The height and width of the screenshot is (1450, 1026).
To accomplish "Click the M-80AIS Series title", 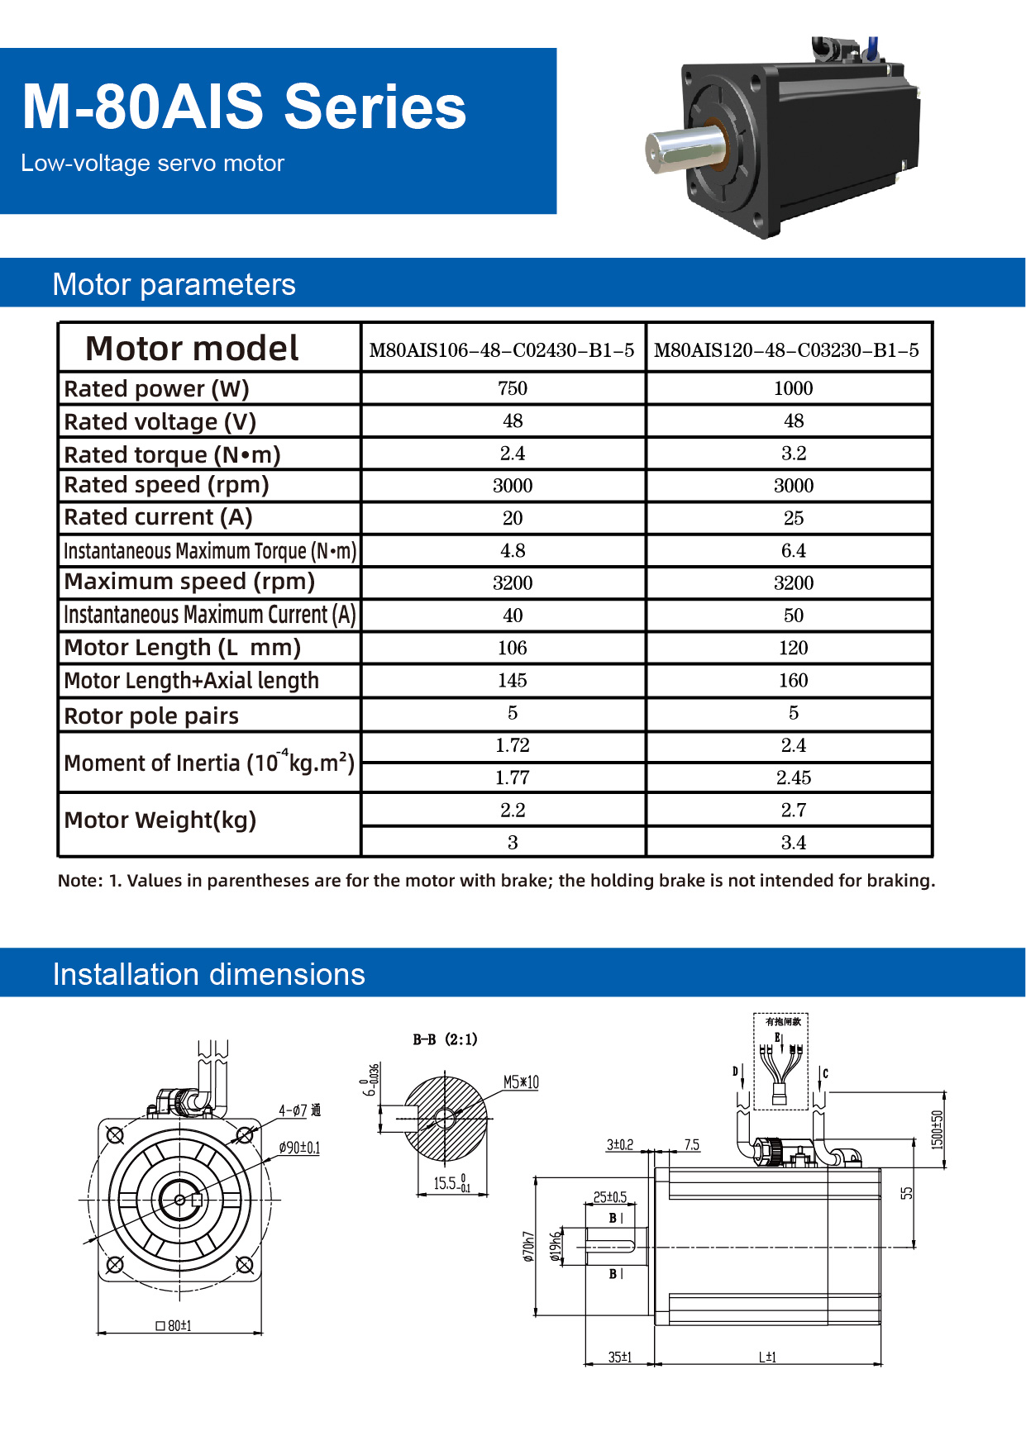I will click(x=244, y=107).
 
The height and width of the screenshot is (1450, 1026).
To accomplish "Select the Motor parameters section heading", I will click(x=174, y=284).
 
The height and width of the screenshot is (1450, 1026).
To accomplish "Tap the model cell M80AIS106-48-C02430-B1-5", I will click(x=502, y=350).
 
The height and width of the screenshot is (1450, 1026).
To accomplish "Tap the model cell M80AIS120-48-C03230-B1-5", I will click(x=786, y=350).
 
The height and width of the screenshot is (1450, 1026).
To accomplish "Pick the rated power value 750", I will click(x=513, y=388).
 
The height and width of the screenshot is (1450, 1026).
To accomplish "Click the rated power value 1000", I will click(x=793, y=388).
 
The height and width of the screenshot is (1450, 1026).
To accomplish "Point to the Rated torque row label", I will click(x=172, y=454).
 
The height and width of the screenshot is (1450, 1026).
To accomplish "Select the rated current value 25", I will click(x=794, y=518).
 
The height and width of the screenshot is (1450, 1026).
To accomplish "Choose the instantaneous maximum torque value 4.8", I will click(x=513, y=550).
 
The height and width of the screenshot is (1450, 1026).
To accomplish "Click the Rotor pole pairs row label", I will click(x=151, y=715).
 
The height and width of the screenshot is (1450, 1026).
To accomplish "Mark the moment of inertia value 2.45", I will click(x=794, y=777).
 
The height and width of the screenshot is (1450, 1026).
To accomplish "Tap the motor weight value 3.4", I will click(x=794, y=842).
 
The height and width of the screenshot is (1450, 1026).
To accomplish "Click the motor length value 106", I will click(x=513, y=648).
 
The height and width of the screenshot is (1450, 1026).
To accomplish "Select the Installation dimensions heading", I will click(x=208, y=974).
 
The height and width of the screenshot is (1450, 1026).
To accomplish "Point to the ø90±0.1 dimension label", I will click(x=299, y=1148).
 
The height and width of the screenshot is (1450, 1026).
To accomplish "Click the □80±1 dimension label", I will click(x=174, y=1325).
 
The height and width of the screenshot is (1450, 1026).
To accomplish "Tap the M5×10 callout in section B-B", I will click(x=521, y=1082).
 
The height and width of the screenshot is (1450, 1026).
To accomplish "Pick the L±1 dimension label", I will click(x=767, y=1357).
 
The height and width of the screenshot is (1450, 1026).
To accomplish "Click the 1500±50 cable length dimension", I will click(x=937, y=1129).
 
